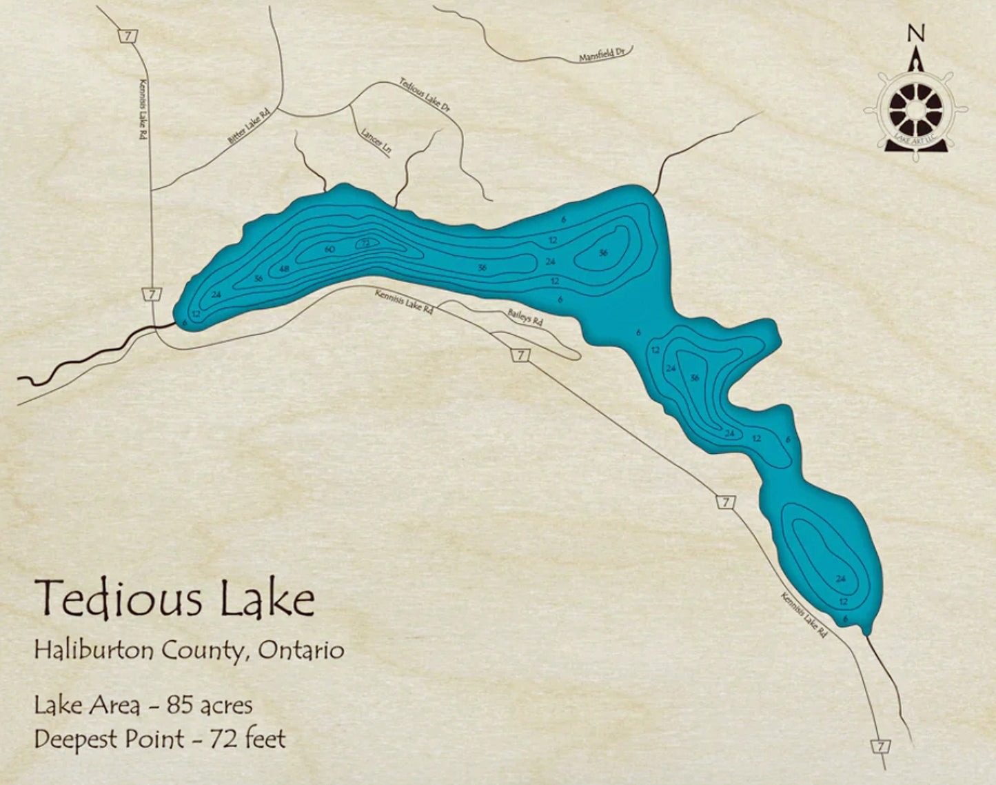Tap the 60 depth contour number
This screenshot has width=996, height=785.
point(329,249)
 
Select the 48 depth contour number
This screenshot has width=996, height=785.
point(283,269)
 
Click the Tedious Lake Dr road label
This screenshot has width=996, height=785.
point(425,95)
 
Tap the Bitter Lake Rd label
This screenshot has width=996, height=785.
point(247,126)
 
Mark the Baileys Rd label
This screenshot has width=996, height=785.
point(526,317)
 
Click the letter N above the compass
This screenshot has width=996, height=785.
point(915,32)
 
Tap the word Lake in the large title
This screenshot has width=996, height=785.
point(267,599)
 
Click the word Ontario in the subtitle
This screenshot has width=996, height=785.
point(301,650)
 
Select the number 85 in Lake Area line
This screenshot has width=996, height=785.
point(181,705)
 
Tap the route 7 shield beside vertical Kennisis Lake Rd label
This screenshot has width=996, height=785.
point(127,36)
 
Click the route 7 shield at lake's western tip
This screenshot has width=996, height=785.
point(151,295)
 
